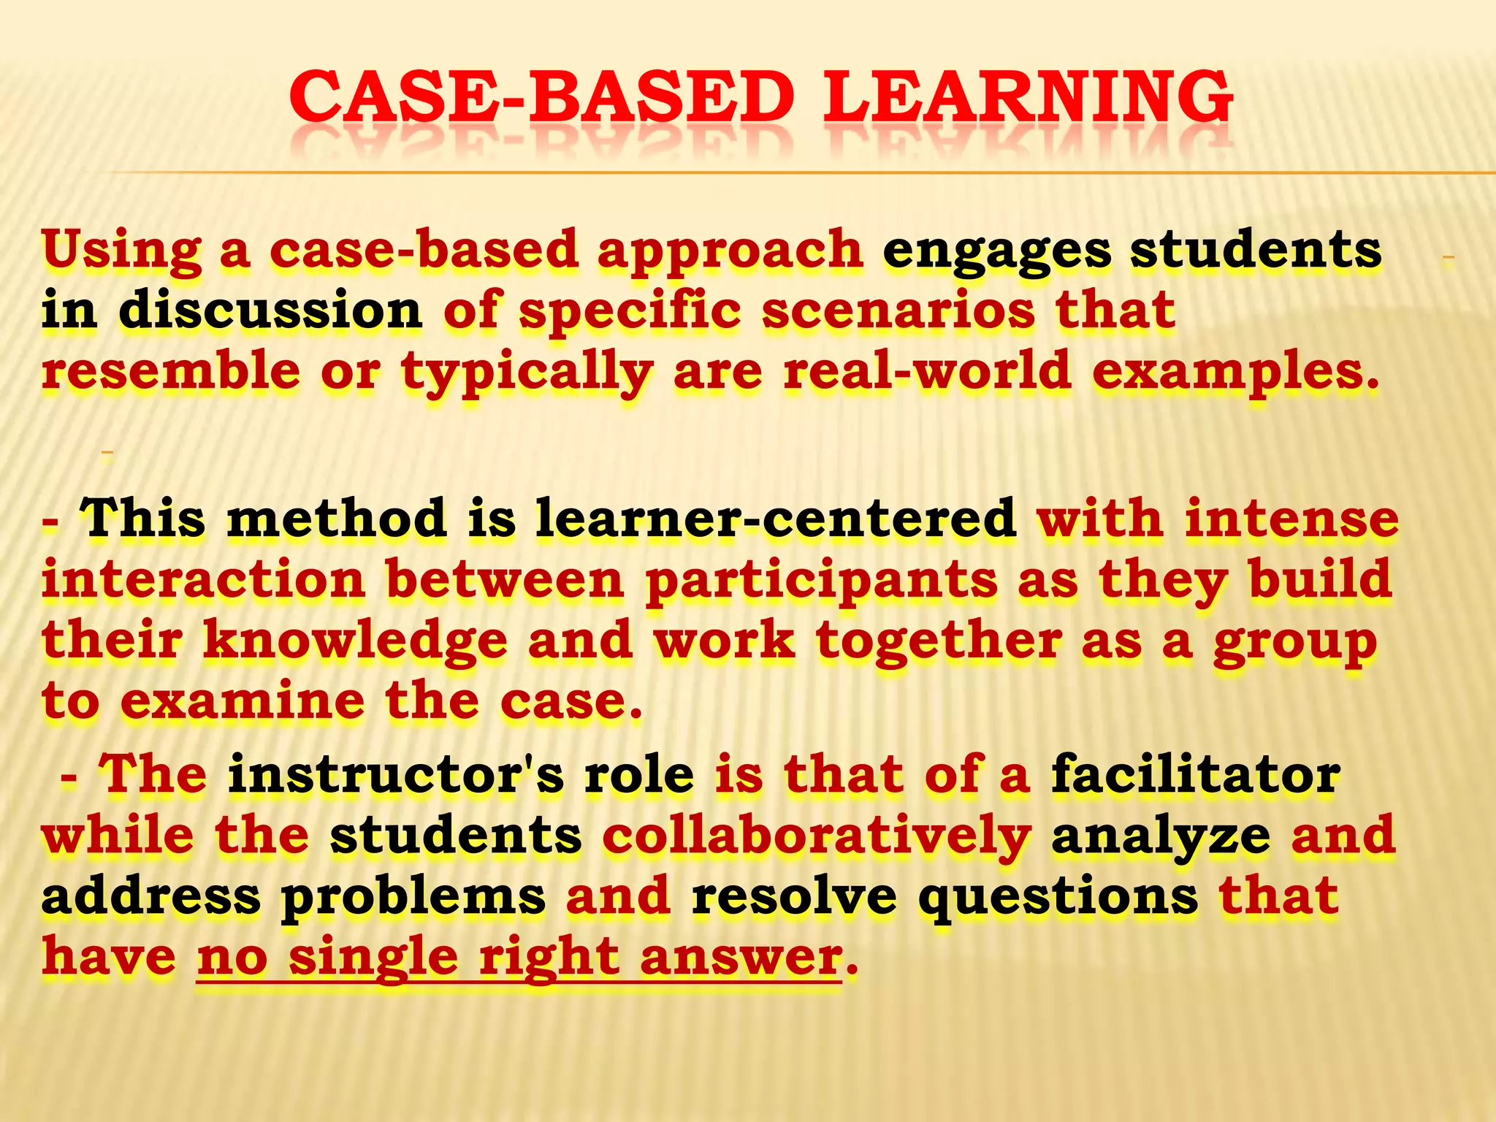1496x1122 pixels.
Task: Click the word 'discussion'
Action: coord(270,310)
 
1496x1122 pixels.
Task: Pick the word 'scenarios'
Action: coord(898,310)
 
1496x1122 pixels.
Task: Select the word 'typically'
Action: coord(527,373)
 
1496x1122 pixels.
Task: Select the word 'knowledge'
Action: coord(355,642)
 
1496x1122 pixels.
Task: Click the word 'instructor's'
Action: coord(395,775)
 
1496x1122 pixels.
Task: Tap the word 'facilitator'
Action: coord(1196,775)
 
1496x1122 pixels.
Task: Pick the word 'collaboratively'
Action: coord(817,836)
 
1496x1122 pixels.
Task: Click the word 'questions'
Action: coord(1058,898)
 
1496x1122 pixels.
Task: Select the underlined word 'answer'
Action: coord(741,958)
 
